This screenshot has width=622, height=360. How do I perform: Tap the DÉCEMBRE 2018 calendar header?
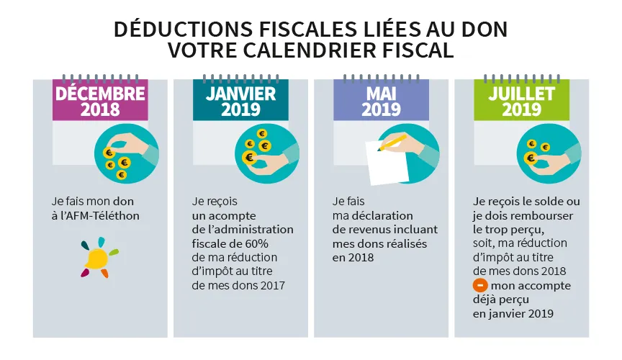pyautogui.click(x=100, y=101)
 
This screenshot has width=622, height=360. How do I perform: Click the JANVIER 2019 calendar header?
pyautogui.click(x=240, y=101)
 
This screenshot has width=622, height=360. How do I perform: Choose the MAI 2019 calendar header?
pyautogui.click(x=381, y=101)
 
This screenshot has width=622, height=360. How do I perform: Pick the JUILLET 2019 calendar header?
pyautogui.click(x=521, y=101)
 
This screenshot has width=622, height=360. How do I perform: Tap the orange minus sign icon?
pyautogui.click(x=479, y=286)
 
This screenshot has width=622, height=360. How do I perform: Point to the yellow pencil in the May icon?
pyautogui.click(x=393, y=142)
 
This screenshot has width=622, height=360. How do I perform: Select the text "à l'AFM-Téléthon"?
pyautogui.click(x=96, y=215)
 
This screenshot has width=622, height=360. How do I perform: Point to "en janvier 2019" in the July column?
pyautogui.click(x=514, y=314)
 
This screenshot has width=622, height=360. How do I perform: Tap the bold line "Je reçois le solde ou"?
pyautogui.click(x=526, y=201)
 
